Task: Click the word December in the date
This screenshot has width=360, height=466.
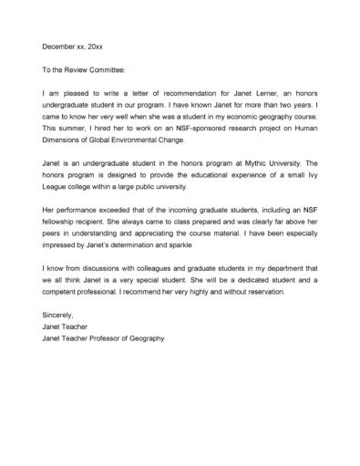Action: click(x=59, y=46)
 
